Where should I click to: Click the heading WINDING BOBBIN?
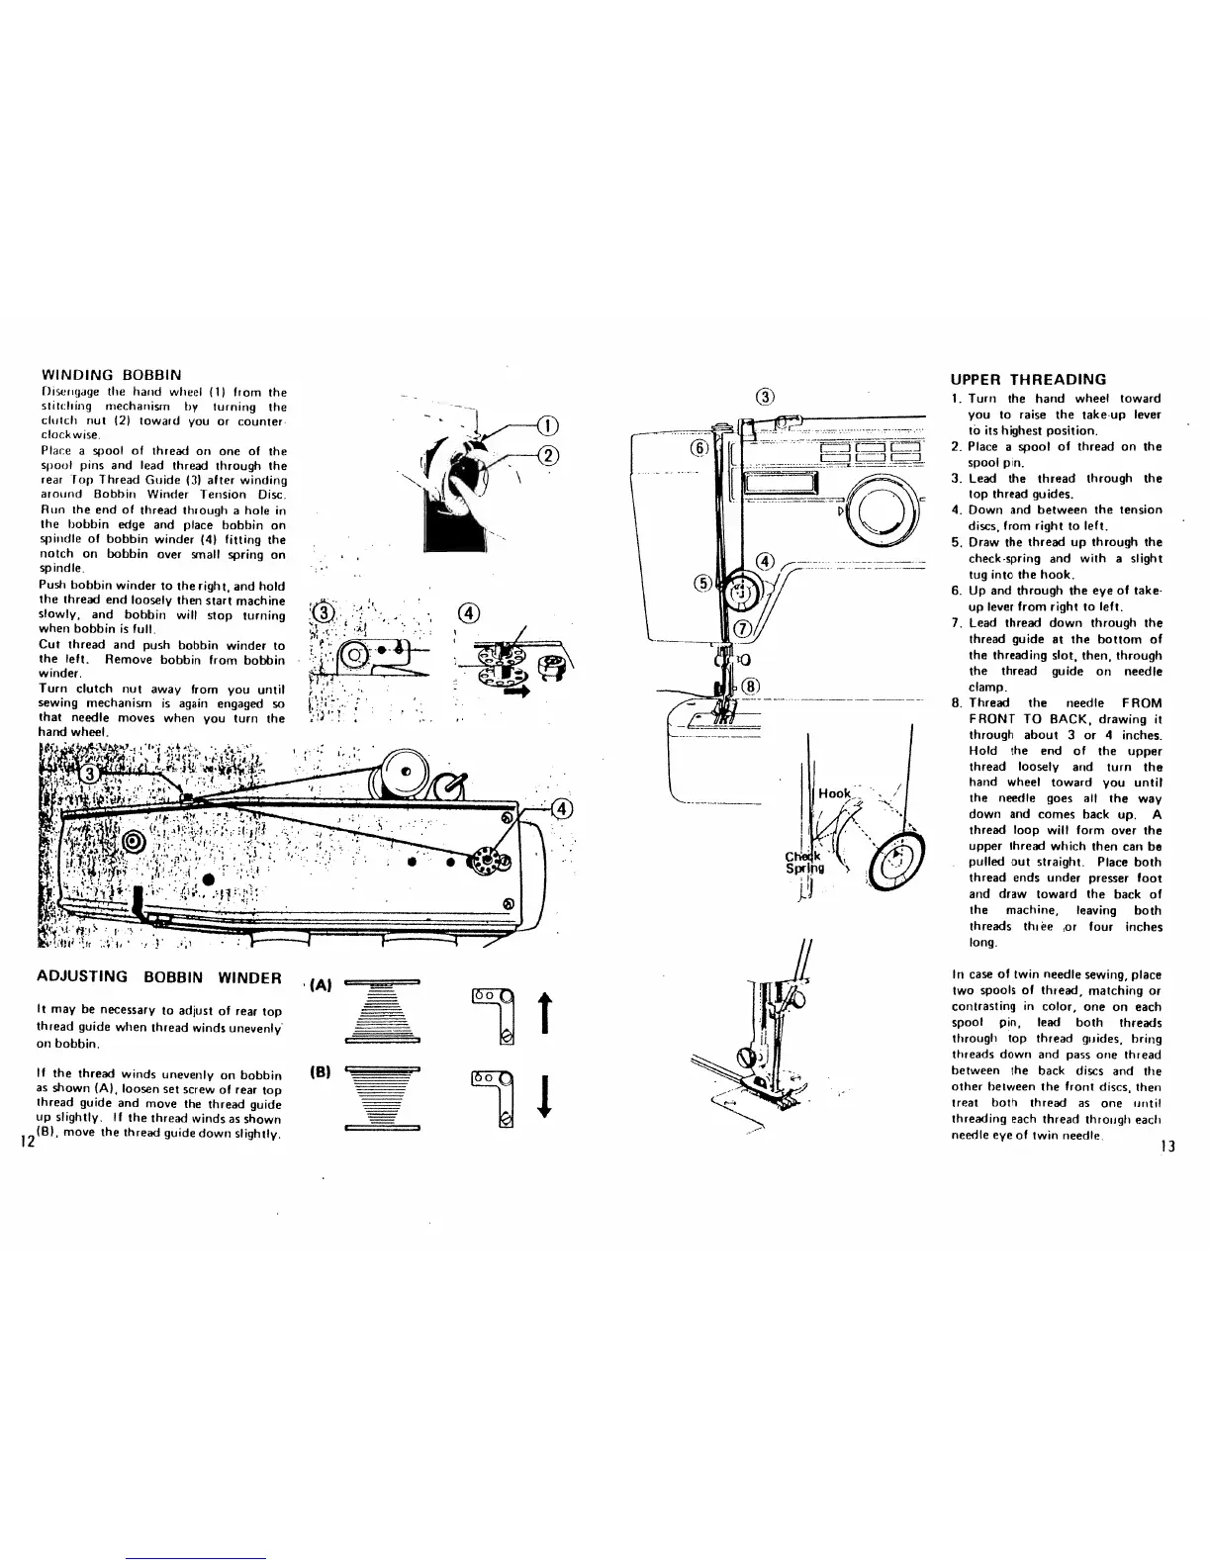(110, 375)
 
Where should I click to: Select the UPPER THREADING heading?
(1028, 379)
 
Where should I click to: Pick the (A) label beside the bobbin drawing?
(318, 986)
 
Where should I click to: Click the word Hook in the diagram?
(834, 793)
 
